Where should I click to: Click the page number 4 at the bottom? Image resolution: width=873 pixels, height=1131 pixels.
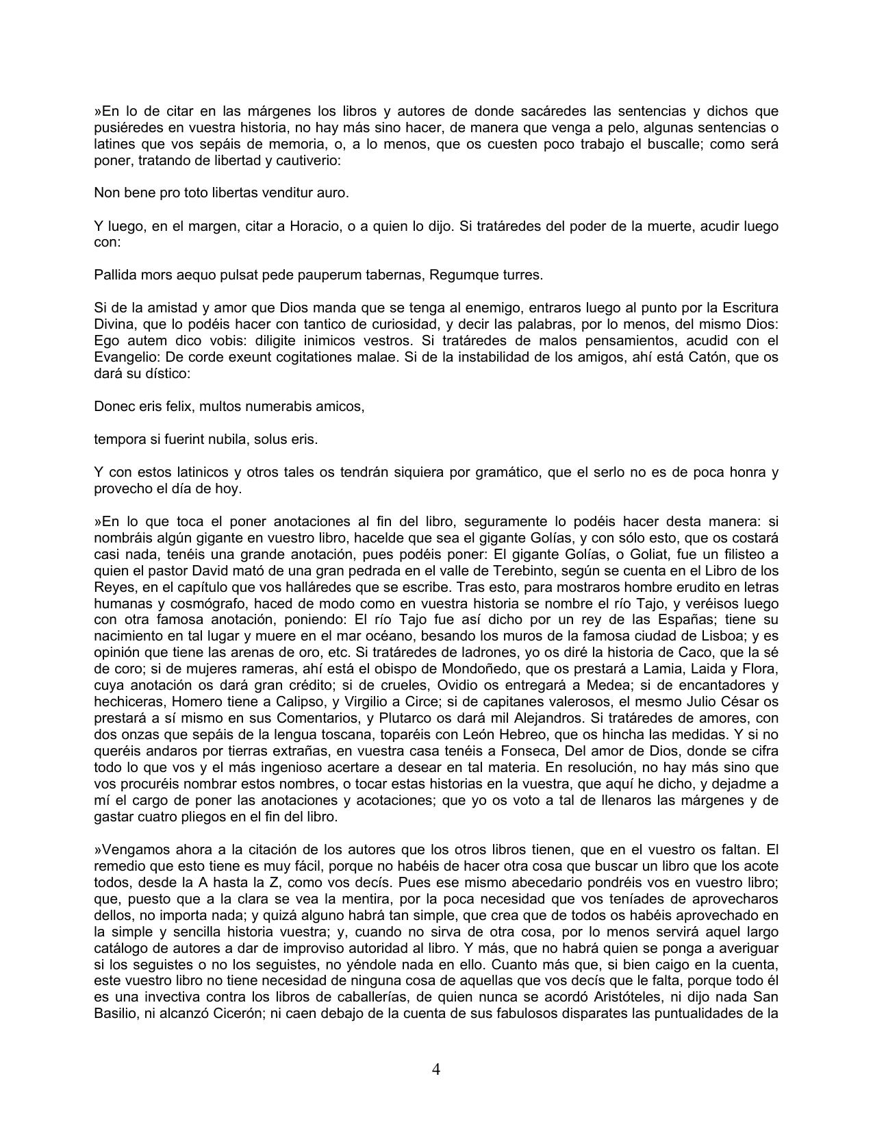(x=436, y=1069)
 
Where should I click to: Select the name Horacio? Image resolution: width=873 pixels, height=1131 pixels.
(x=314, y=226)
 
